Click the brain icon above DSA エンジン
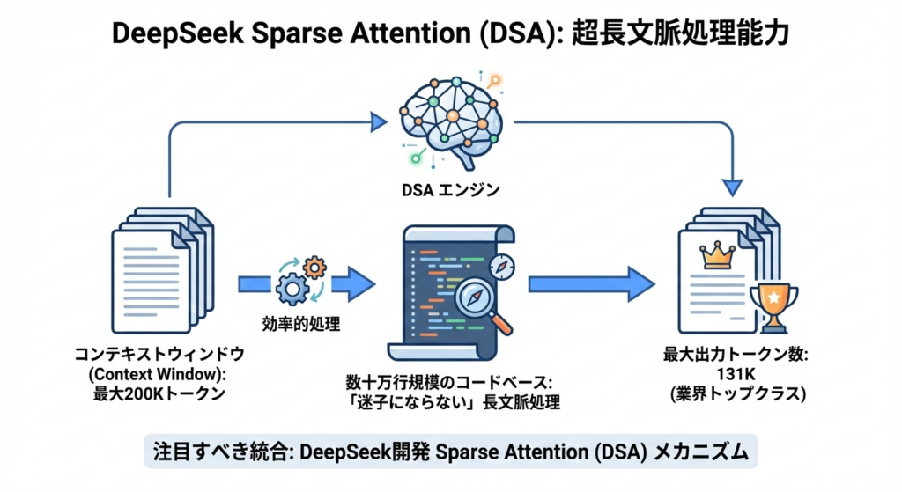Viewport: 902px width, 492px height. (450, 118)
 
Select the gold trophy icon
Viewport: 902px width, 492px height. (773, 306)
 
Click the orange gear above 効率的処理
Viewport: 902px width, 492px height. (314, 267)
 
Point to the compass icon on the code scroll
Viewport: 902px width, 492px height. (503, 266)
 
